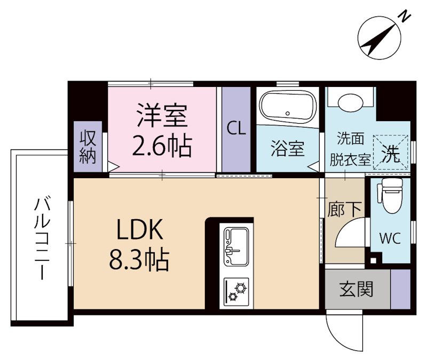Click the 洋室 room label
pos(162,117)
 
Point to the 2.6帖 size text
pos(162,146)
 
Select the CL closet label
pos(236,129)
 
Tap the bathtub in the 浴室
pos(287,108)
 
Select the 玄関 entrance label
pos(357,290)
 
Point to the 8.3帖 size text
pos(139,260)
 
